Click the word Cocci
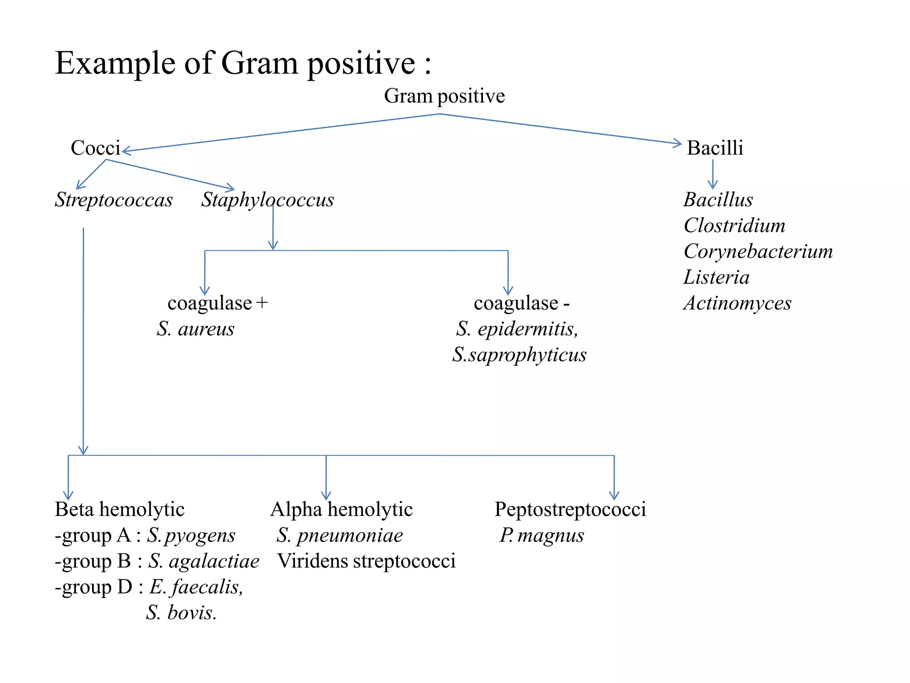pyautogui.click(x=96, y=148)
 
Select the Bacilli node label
pyautogui.click(x=714, y=148)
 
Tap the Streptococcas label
pyautogui.click(x=114, y=200)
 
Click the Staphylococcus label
pyautogui.click(x=267, y=200)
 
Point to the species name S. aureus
pyautogui.click(x=196, y=329)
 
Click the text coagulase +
pyautogui.click(x=218, y=303)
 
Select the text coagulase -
pyautogui.click(x=522, y=303)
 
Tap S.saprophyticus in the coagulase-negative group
pyautogui.click(x=519, y=355)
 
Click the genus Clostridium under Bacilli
pyautogui.click(x=734, y=226)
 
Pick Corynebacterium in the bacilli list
pyautogui.click(x=758, y=252)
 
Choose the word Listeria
pyautogui.click(x=716, y=277)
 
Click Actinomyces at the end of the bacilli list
pyautogui.click(x=738, y=303)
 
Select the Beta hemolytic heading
pyautogui.click(x=120, y=510)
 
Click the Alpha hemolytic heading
pyautogui.click(x=341, y=510)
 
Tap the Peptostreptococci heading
pyautogui.click(x=570, y=510)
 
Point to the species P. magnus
pyautogui.click(x=542, y=535)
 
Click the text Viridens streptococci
pyautogui.click(x=366, y=561)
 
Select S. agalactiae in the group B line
pyautogui.click(x=204, y=561)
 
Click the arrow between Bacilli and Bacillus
pyautogui.click(x=713, y=174)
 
